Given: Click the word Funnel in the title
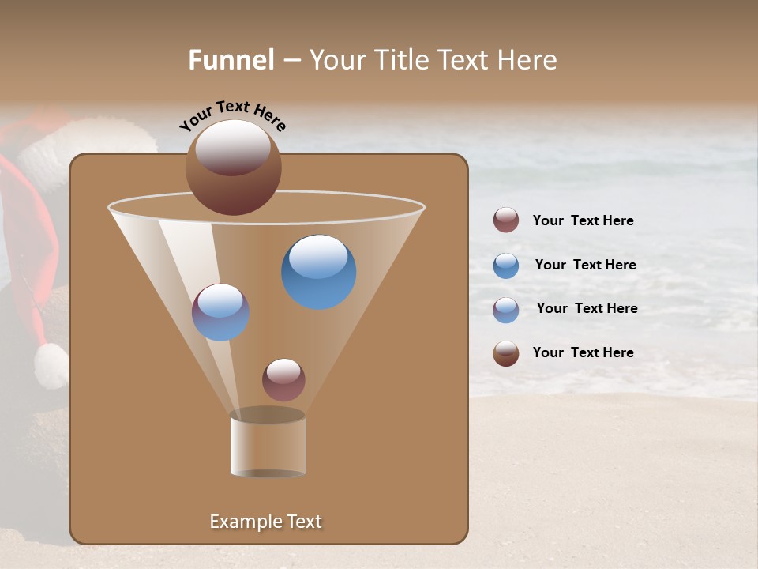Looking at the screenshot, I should [x=231, y=60].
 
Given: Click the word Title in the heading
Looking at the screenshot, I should [x=400, y=60].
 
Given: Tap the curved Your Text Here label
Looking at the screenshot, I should [x=233, y=115].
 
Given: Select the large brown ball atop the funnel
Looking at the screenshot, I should [x=233, y=167].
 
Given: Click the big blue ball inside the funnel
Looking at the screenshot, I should [x=318, y=272].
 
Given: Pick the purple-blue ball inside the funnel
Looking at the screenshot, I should [x=220, y=312].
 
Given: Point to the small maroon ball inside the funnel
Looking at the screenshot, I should [x=283, y=379].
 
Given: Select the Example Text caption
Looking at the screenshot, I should [x=265, y=522].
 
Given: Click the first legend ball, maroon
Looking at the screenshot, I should [x=506, y=220].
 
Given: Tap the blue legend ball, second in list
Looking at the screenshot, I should [x=506, y=265].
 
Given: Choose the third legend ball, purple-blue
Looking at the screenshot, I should [x=506, y=309].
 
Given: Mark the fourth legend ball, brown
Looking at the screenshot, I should [x=506, y=353].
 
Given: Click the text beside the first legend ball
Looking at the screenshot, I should [x=583, y=220].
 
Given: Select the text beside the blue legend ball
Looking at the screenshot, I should [x=585, y=265].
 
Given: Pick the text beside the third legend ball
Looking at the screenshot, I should [x=587, y=308].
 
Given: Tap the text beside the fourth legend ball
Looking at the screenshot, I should [x=583, y=352].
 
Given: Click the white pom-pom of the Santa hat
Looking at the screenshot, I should [x=51, y=366].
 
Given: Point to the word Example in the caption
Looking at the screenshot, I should [x=243, y=522].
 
